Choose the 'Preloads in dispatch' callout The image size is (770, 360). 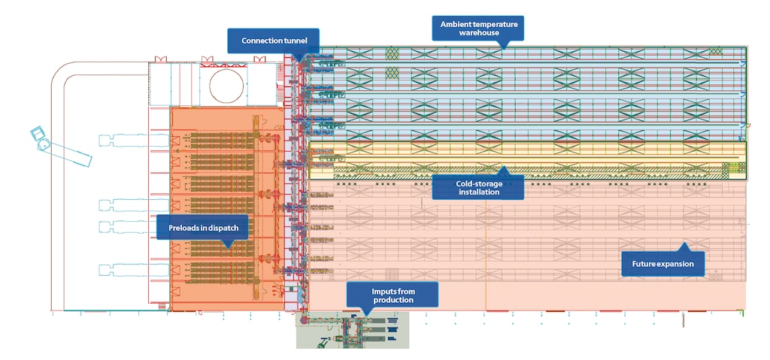194,225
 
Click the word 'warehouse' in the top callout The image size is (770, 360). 479,33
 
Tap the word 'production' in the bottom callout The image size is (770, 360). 393,301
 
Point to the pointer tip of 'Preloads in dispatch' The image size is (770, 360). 226,245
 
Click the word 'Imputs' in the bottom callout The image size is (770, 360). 384,290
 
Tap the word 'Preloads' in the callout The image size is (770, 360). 178,225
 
